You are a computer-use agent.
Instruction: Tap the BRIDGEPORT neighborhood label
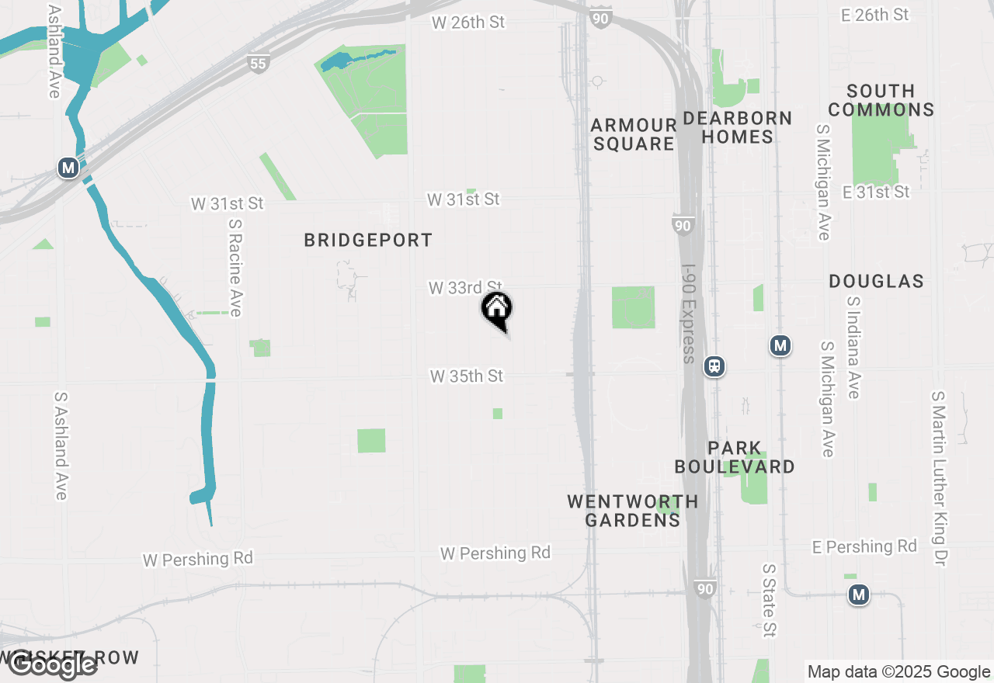point(368,241)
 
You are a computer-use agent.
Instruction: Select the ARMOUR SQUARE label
point(634,134)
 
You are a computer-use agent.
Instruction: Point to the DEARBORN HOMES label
point(738,127)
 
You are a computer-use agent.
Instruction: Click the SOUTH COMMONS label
point(881,100)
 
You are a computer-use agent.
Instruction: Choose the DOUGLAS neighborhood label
point(876,281)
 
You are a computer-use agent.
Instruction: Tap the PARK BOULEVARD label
point(735,457)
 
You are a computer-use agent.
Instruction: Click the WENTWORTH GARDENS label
point(632,511)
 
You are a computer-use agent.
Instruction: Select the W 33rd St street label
point(465,288)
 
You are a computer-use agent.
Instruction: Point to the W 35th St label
point(467,376)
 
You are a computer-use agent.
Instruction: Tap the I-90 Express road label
point(688,314)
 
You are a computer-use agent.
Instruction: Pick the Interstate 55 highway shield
point(259,64)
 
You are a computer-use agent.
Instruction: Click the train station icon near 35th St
point(714,366)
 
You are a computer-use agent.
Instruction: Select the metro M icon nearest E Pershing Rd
point(858,595)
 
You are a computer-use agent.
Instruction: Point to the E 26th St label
point(874,15)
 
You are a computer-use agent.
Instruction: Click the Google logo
point(52,665)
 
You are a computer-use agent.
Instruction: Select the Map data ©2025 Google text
point(898,672)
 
